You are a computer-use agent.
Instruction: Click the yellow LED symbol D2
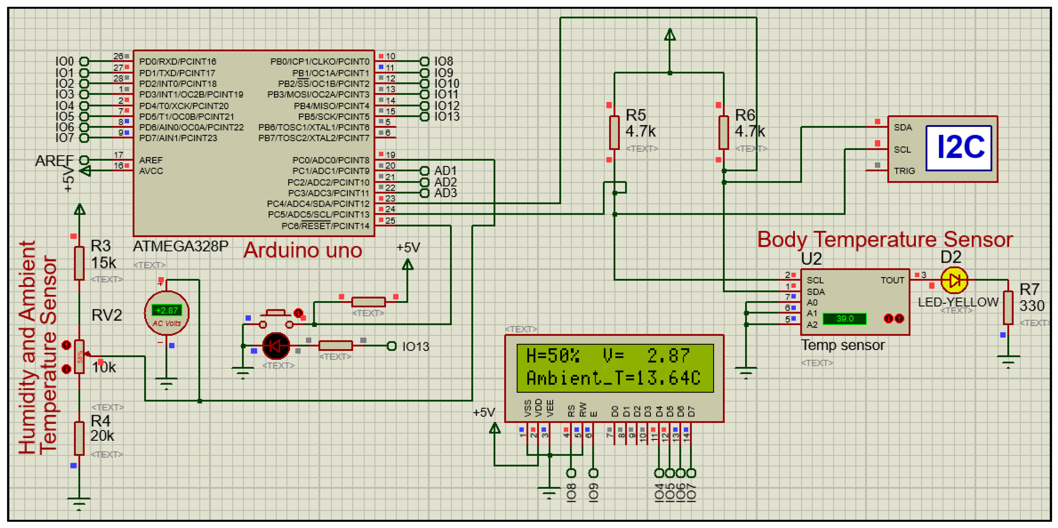[x=954, y=281]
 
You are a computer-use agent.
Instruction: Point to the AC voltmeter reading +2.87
[x=166, y=310]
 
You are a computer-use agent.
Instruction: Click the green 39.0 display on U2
[x=844, y=319]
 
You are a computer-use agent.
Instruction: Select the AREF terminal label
[x=54, y=160]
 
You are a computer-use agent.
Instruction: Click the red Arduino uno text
[x=303, y=250]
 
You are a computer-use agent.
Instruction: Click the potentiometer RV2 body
[x=80, y=357]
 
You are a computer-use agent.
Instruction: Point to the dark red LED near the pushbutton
[x=276, y=346]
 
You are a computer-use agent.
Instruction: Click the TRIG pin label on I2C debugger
[x=904, y=171]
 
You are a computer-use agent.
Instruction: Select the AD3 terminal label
[x=445, y=193]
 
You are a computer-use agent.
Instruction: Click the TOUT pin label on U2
[x=892, y=281]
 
